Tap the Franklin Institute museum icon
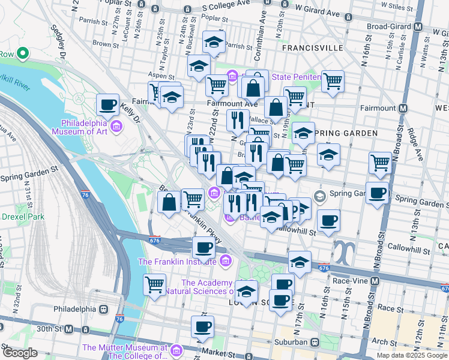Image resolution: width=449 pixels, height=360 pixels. click(225, 260)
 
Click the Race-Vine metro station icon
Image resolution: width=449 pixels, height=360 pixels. click(375, 281)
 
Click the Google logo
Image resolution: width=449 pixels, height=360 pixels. click(19, 353)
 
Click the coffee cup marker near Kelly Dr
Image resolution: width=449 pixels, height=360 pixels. click(108, 104)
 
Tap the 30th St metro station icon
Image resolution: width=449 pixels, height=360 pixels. click(69, 329)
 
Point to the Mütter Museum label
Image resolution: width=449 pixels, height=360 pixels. click(124, 352)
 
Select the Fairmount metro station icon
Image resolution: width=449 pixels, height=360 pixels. click(403, 109)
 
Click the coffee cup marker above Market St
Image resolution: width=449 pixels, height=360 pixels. click(203, 326)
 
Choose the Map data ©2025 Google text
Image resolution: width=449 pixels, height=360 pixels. click(411, 355)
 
